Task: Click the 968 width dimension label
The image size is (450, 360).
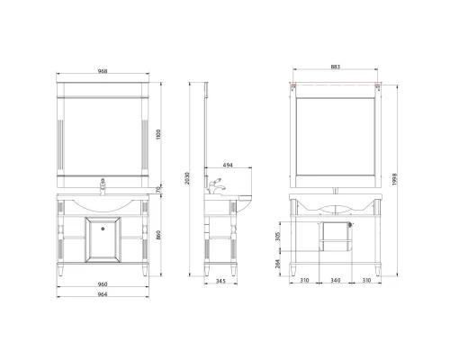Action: pyautogui.click(x=103, y=71)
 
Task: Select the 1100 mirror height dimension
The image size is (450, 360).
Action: pyautogui.click(x=158, y=134)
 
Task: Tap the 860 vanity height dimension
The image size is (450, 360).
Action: pyautogui.click(x=158, y=235)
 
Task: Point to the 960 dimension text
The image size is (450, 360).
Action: pyautogui.click(x=103, y=284)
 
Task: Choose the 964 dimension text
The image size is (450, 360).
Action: pyautogui.click(x=103, y=294)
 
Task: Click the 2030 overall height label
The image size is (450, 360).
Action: pyautogui.click(x=187, y=178)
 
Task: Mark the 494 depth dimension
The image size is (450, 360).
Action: pyautogui.click(x=228, y=165)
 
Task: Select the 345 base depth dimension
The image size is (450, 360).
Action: pyautogui.click(x=220, y=281)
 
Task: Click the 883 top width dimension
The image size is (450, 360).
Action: pyautogui.click(x=336, y=67)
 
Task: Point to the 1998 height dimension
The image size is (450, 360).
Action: pyautogui.click(x=395, y=179)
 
